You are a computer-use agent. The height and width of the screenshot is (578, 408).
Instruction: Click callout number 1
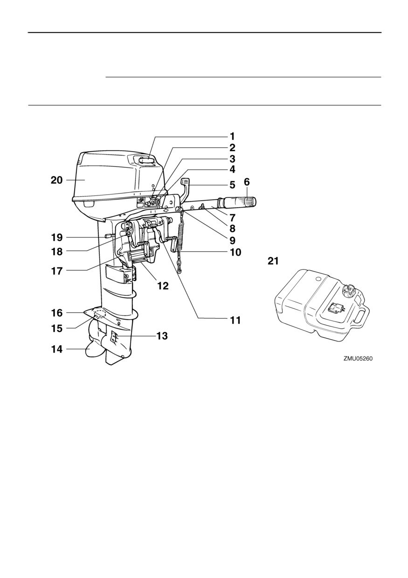click(232, 136)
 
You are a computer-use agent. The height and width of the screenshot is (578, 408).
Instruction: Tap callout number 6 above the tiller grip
click(247, 182)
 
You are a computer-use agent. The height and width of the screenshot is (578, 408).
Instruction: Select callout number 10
click(235, 252)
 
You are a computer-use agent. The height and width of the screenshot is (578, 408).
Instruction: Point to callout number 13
click(162, 336)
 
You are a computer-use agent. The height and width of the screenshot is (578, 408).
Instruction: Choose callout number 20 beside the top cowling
click(56, 180)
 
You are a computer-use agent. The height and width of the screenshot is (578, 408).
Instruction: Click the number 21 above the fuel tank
click(273, 261)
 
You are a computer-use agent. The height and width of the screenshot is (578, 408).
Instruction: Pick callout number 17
click(57, 271)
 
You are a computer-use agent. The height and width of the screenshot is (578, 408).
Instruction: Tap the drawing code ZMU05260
click(358, 359)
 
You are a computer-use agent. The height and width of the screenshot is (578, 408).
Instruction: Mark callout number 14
click(56, 349)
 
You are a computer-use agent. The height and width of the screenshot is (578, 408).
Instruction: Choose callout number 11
click(235, 320)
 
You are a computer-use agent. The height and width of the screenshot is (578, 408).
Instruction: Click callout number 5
click(232, 185)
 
